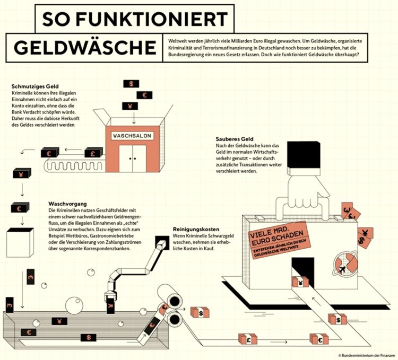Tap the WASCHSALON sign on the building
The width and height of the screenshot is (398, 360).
132,136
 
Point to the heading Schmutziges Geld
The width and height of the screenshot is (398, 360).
35,86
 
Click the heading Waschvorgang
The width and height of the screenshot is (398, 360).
66,204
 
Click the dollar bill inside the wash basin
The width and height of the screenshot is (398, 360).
89,337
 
